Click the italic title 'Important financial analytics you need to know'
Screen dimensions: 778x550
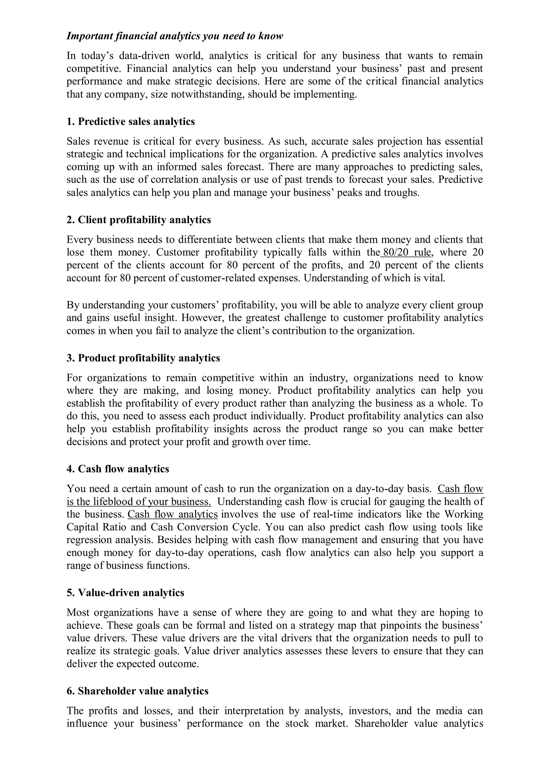(175, 36)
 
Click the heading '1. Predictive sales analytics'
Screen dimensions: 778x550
(131, 121)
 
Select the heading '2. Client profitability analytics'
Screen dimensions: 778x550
(139, 220)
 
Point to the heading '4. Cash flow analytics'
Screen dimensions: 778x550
(118, 469)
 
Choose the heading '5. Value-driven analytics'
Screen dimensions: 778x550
(125, 593)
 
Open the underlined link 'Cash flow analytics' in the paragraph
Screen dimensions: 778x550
(172, 514)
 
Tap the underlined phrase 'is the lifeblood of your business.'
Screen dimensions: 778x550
(139, 501)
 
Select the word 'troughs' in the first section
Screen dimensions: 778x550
(401, 193)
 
